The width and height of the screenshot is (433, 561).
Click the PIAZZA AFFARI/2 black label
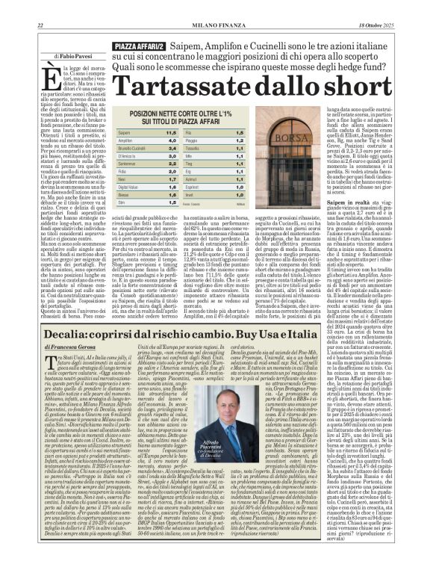pos(134,47)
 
